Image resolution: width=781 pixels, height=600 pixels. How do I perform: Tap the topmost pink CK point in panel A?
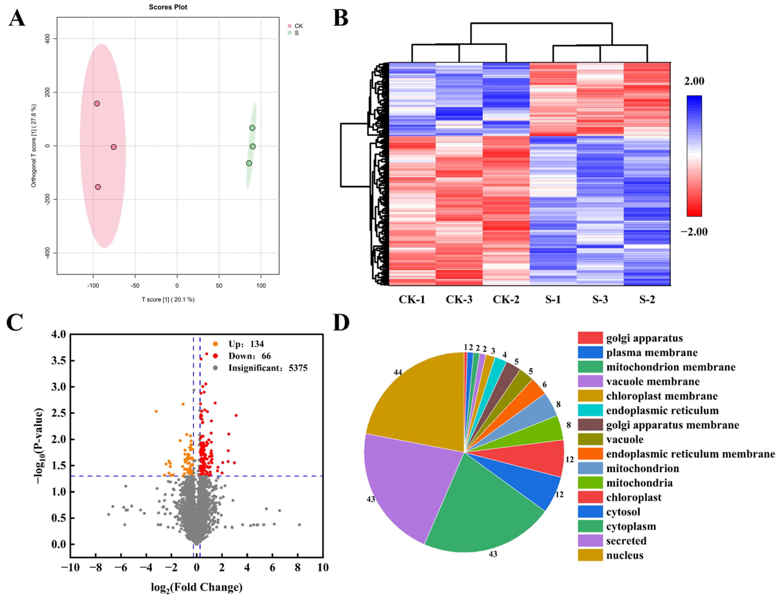click(97, 103)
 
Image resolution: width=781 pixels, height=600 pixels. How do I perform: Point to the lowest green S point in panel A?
click(249, 163)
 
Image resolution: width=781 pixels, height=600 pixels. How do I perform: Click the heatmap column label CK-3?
click(459, 299)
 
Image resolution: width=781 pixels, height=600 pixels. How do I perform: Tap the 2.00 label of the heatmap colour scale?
click(694, 81)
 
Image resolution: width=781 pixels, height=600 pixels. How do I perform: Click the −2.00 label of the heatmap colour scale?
click(694, 232)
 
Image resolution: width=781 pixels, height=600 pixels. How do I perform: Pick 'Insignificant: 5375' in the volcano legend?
click(268, 368)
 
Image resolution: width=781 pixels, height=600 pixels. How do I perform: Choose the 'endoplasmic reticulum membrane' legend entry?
click(690, 454)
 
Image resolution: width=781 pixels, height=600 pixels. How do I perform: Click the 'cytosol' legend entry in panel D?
click(623, 512)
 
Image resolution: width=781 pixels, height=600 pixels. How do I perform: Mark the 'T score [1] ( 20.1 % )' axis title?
click(168, 299)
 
